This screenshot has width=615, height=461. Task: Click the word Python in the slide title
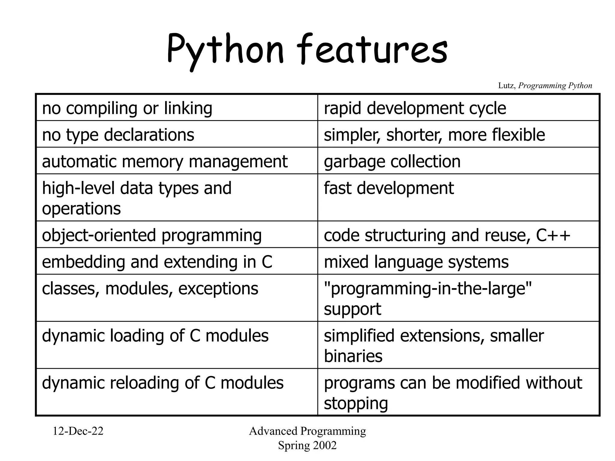point(225,50)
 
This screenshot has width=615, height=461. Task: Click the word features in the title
point(372,50)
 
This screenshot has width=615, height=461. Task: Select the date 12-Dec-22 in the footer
point(78,431)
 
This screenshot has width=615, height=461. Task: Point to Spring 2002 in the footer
point(307,445)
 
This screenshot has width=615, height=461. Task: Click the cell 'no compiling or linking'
point(127,108)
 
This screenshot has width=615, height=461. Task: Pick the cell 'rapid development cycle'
point(415,108)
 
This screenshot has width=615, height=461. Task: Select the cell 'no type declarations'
point(118,135)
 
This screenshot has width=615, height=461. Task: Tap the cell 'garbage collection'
point(392,161)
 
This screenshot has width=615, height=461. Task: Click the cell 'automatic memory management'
point(165,161)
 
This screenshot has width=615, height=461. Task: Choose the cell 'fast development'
point(389,188)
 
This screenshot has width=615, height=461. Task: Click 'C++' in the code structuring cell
point(553,235)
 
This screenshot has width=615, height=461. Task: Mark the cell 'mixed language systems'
point(416,262)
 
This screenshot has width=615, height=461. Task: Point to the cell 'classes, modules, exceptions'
point(150,289)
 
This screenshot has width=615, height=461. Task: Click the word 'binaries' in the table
point(353,356)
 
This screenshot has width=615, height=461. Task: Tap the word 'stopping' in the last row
point(356,403)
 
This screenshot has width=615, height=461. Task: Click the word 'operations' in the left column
point(81,209)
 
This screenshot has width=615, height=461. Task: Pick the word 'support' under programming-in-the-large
point(352,309)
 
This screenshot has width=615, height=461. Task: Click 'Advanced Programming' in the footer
point(307,431)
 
